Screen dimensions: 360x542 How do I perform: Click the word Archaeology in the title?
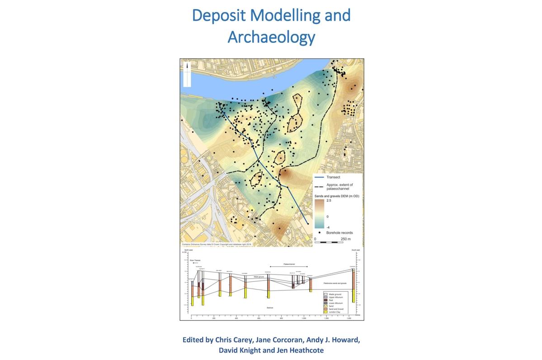tap(271, 37)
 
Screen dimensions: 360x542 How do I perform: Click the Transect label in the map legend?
tap(333, 178)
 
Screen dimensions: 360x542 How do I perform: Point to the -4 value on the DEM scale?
tap(329, 227)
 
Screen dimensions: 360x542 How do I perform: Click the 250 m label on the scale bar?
tap(345, 238)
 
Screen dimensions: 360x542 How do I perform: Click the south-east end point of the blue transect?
tap(308, 223)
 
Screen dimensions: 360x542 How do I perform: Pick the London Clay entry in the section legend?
tap(335, 312)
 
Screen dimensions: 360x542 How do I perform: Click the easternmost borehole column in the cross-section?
tap(353, 287)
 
